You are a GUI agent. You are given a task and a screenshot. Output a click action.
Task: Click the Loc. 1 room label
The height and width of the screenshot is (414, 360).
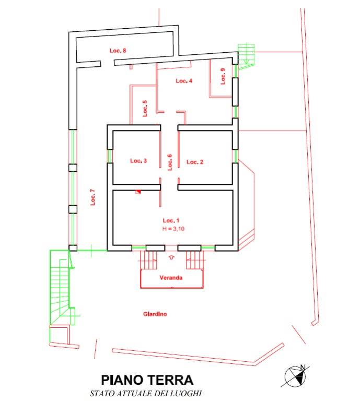click(x=171, y=220)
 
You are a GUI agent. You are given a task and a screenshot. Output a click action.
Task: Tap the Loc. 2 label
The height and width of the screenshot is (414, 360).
click(x=195, y=162)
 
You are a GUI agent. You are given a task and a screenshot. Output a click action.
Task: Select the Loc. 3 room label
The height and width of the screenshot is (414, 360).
click(x=138, y=161)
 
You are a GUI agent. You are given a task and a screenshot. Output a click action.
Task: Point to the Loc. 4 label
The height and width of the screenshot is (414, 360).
click(x=184, y=81)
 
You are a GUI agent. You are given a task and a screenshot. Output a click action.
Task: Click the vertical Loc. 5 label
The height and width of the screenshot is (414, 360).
click(x=145, y=108)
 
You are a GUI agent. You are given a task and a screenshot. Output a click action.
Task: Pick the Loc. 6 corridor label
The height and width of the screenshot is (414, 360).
click(x=170, y=162)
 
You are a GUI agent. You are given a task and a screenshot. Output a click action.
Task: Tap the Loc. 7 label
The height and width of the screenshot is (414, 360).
click(x=92, y=197)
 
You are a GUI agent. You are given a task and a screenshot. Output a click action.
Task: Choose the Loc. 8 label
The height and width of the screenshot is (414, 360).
click(x=118, y=51)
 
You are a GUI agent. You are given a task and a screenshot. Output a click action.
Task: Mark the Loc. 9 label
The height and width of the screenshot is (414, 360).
click(x=223, y=77)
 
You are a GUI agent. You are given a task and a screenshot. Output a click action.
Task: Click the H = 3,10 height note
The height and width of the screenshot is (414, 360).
click(x=173, y=229)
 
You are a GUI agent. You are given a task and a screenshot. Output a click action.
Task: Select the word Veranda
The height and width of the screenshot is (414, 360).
click(x=171, y=278)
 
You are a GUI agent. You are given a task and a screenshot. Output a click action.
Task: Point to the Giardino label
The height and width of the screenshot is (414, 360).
click(x=155, y=314)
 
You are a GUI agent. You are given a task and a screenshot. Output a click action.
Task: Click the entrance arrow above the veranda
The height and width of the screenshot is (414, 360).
click(x=171, y=257)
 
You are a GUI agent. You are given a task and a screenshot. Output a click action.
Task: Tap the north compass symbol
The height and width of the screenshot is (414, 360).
click(x=295, y=375)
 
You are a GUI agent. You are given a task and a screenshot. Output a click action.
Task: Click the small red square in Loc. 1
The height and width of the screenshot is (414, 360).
click(x=138, y=192)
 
